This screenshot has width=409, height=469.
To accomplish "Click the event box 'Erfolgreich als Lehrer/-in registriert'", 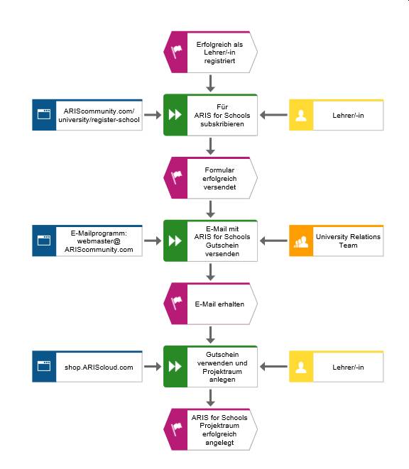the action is click(210, 52).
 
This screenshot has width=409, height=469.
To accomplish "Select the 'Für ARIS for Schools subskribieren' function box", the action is click(210, 115).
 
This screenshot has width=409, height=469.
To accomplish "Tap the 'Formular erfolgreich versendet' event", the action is click(210, 178).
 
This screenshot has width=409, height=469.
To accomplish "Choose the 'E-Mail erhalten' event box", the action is click(210, 304).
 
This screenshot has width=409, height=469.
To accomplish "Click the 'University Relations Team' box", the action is click(337, 241).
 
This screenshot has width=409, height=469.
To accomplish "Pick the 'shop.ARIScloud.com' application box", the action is click(87, 367).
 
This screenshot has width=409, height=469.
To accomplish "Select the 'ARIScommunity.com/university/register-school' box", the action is click(87, 115).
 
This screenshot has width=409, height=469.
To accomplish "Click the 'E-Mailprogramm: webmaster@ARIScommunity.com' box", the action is click(87, 241).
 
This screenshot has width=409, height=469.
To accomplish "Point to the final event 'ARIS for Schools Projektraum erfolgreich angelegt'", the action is click(210, 429).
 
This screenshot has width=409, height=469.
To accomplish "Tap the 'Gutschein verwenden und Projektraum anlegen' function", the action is click(210, 367).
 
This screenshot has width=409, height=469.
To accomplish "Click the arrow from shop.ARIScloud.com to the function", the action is click(153, 367).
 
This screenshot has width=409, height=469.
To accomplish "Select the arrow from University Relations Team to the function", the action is click(273, 241).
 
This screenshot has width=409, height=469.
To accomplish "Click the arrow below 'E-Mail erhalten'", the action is click(210, 335).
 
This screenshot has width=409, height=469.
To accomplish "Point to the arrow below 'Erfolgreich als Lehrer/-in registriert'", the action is click(210, 84).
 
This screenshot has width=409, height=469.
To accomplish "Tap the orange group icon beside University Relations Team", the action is click(301, 242).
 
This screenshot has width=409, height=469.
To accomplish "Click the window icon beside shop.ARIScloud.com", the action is click(44, 366).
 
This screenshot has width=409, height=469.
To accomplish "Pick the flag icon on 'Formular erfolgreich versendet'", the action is click(176, 177).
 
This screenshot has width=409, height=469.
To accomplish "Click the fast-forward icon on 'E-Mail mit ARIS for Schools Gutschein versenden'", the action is click(175, 241).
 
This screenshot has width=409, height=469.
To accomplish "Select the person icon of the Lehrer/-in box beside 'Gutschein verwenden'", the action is click(301, 368).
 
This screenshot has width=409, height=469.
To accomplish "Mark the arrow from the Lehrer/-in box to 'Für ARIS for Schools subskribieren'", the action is click(273, 115).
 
